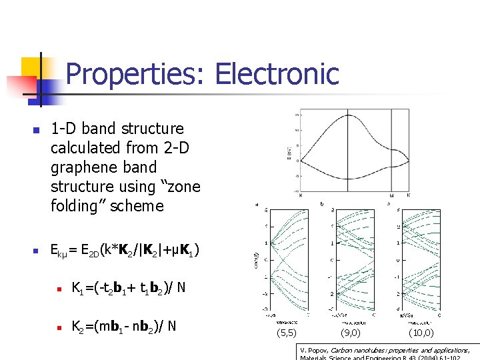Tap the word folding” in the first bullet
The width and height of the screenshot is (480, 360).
tap(77, 206)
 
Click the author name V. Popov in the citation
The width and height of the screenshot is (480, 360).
tap(315, 350)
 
